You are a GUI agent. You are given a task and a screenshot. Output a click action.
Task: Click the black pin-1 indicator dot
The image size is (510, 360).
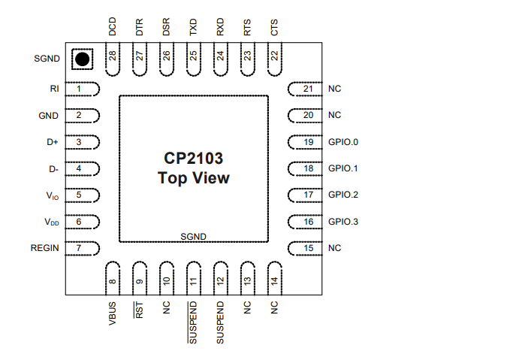(x=82, y=59)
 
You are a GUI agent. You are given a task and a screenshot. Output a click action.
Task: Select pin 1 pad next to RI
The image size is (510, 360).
(x=83, y=89)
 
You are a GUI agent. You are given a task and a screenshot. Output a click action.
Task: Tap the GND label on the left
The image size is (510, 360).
(x=49, y=116)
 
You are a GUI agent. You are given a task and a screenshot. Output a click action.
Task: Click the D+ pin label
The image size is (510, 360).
(x=53, y=142)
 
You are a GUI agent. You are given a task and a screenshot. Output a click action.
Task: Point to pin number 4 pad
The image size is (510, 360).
(x=83, y=168)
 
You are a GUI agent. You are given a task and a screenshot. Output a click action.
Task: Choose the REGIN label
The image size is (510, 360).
(x=44, y=247)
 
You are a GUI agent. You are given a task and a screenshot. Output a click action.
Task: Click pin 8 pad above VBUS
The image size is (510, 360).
(x=113, y=277)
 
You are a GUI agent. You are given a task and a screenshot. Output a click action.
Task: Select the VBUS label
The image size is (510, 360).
(x=113, y=313)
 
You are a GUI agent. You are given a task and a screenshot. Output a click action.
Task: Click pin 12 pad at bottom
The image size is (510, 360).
(x=220, y=277)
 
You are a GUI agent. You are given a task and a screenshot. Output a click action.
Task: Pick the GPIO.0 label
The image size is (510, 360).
(x=344, y=142)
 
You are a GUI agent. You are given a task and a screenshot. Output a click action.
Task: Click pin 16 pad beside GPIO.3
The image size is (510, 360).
(x=305, y=222)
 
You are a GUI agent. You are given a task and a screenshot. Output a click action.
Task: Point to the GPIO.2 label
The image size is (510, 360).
(x=344, y=195)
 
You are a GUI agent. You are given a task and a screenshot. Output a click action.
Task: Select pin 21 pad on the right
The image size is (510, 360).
(x=305, y=89)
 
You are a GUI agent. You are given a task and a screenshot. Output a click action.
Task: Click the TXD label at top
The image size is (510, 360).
(x=193, y=28)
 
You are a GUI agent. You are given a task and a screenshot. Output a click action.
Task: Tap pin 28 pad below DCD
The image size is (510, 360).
(x=113, y=59)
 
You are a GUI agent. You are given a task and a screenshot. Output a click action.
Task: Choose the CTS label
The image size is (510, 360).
(x=274, y=28)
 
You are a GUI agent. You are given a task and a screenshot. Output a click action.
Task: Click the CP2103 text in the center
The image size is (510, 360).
(x=193, y=159)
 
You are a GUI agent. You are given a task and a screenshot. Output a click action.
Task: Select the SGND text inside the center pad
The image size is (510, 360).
(x=193, y=237)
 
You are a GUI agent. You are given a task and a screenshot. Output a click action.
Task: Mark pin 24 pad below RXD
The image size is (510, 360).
(x=220, y=59)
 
